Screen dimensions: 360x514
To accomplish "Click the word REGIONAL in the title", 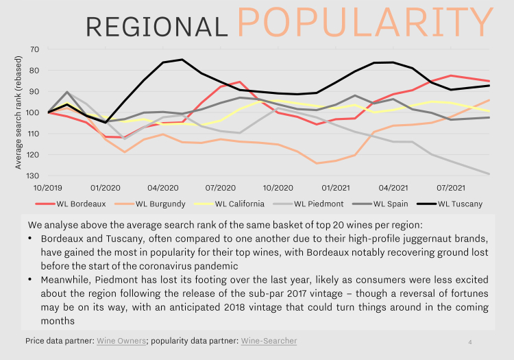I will (x=157, y=27).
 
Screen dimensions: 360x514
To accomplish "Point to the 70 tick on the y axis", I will (x=34, y=49).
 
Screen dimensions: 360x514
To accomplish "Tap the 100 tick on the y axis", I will (x=32, y=112).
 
